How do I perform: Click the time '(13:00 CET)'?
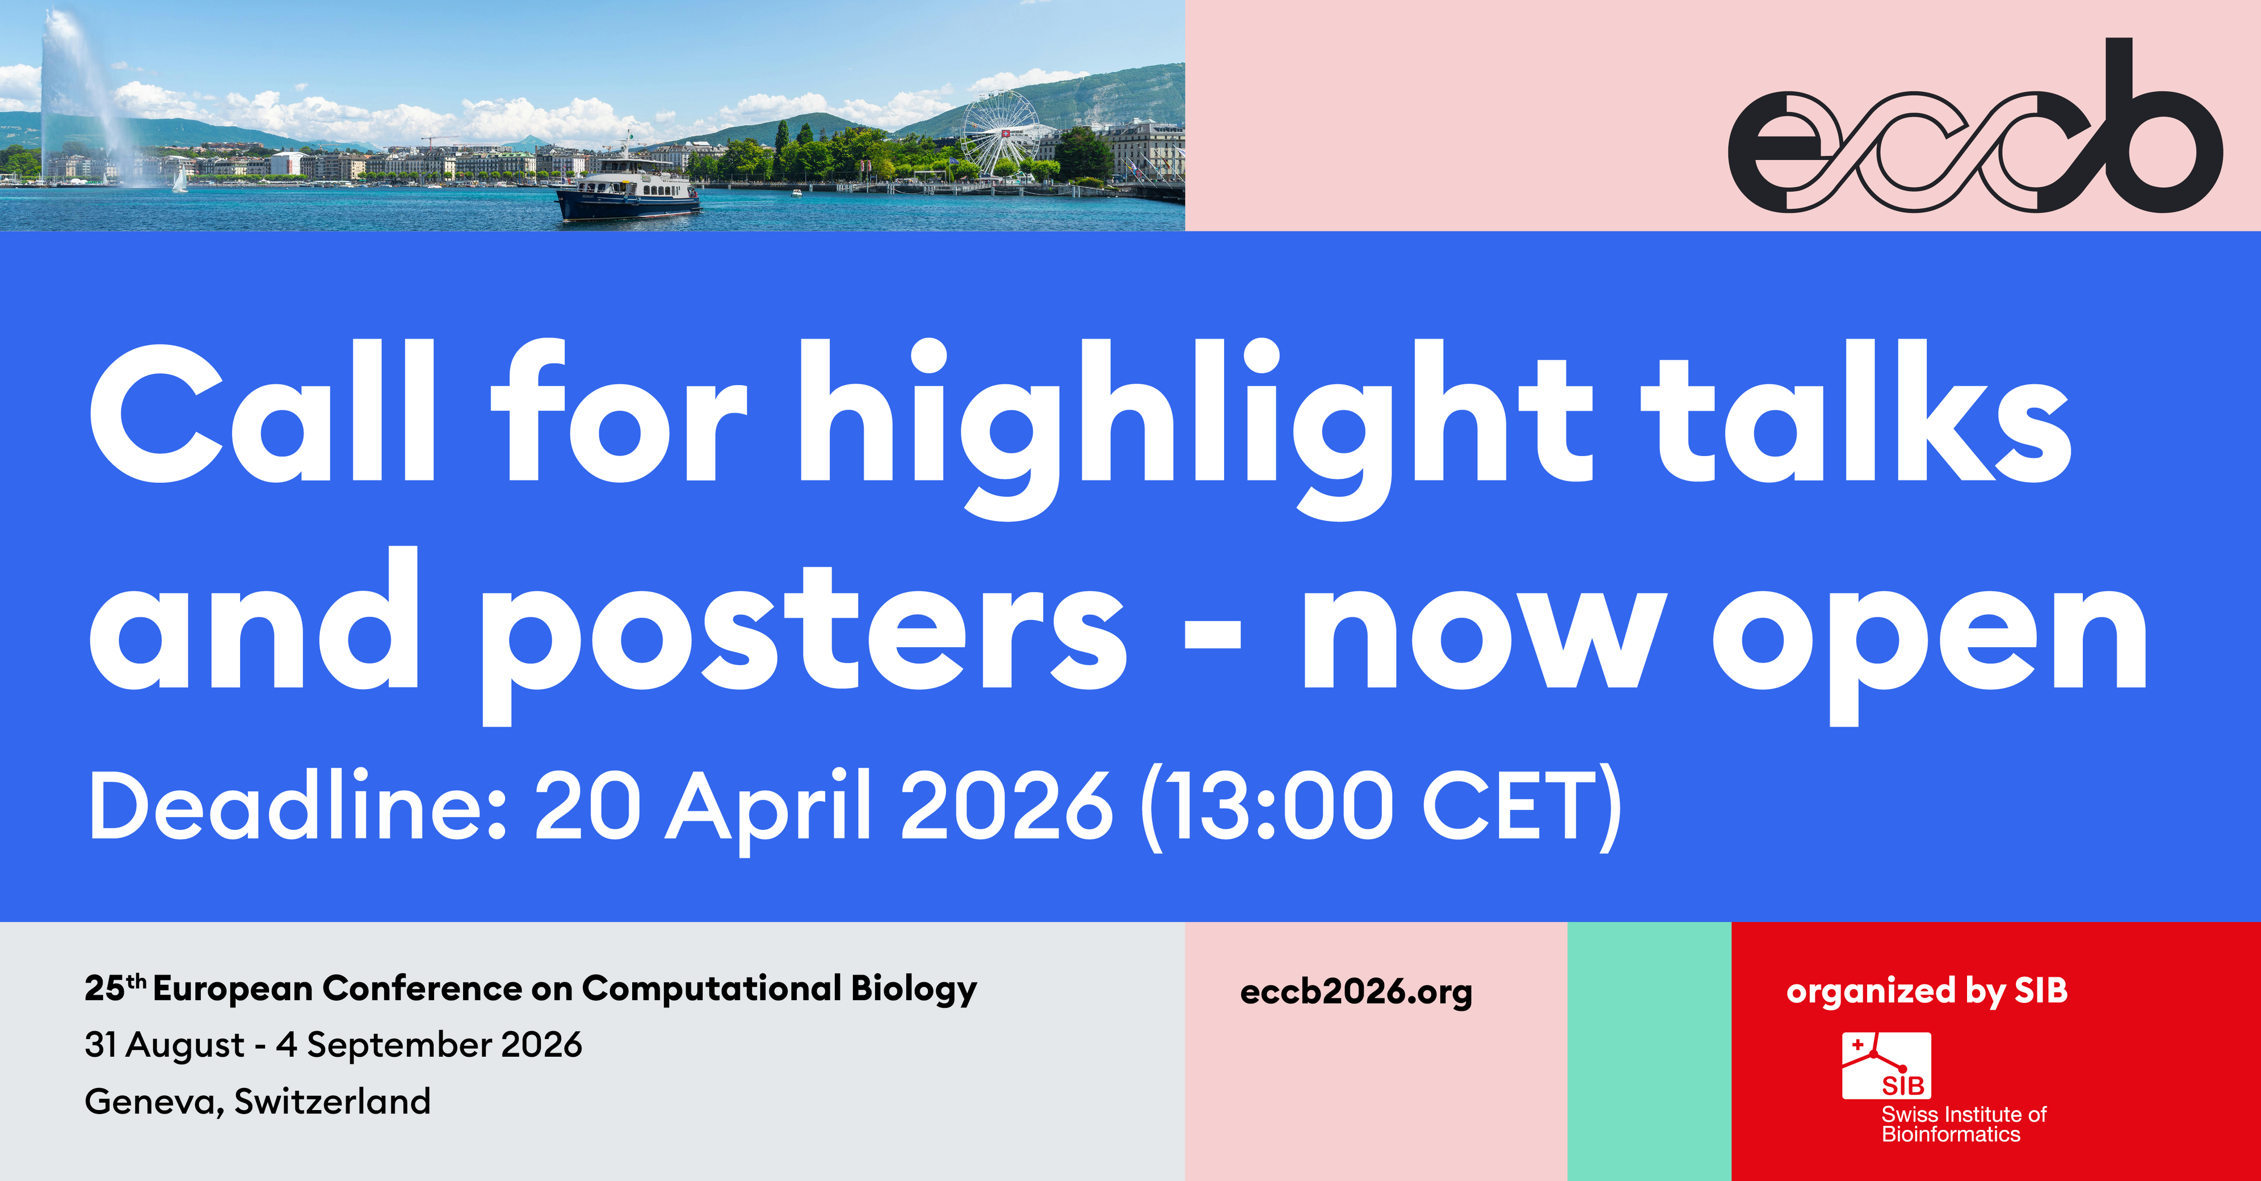pos(1381,807)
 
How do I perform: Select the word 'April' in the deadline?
pos(769,807)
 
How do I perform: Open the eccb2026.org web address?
pos(1356,992)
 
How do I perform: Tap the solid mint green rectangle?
pos(1649,1051)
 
